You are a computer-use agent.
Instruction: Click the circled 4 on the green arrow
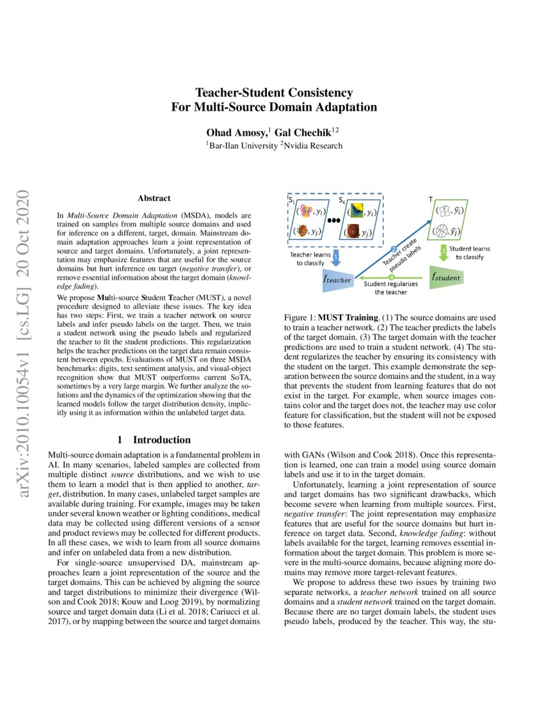click(391, 276)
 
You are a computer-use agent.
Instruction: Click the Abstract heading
click(154, 199)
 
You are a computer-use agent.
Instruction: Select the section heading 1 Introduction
click(154, 440)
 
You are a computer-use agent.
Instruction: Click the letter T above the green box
click(430, 199)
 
